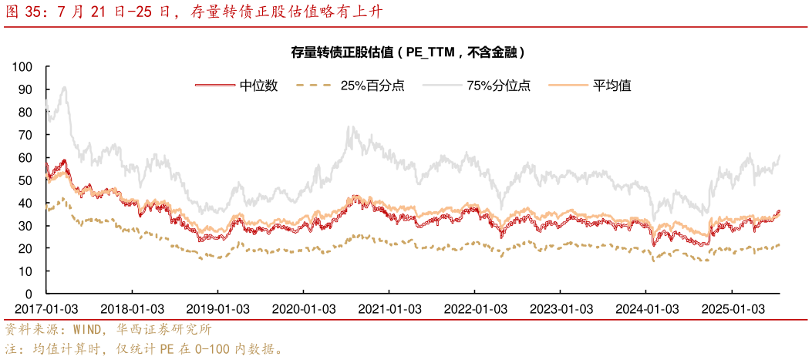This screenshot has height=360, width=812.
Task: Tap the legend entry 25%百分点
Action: [x=372, y=86]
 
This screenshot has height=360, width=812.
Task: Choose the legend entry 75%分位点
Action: [x=498, y=86]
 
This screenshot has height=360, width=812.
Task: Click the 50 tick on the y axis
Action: [x=25, y=180]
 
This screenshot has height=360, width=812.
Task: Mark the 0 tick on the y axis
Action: [x=29, y=294]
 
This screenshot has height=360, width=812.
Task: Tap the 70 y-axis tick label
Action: [x=25, y=135]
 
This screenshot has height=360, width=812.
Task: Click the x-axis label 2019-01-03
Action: [x=217, y=308]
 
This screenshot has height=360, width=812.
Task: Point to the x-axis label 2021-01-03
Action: [x=389, y=308]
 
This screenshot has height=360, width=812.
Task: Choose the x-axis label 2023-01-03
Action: [x=560, y=308]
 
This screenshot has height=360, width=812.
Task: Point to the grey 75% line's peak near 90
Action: [x=63, y=87]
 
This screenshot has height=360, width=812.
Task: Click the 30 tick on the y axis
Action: [x=25, y=226]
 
